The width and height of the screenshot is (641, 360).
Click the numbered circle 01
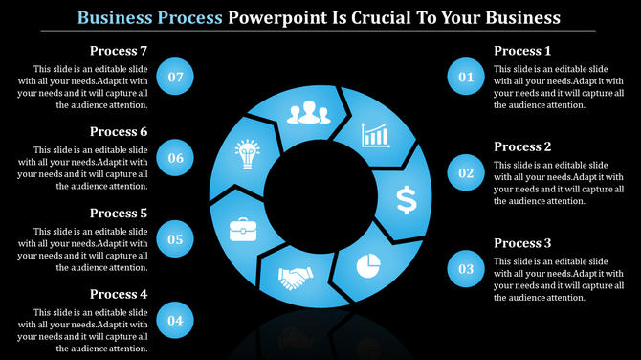467,77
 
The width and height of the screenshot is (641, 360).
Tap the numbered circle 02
467,173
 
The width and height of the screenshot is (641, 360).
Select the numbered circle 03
467,269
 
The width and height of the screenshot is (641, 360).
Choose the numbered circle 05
175,239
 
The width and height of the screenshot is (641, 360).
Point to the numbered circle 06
175,158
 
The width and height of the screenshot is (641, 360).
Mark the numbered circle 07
175,77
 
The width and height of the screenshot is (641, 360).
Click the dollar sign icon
407,200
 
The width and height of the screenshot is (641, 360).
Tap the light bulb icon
248,153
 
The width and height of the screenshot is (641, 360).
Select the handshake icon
295,278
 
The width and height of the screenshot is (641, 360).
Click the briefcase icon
242,230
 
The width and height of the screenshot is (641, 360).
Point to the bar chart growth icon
376,135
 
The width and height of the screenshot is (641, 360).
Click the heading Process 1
522,51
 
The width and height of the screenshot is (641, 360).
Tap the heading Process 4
119,294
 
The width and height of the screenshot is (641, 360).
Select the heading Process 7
119,51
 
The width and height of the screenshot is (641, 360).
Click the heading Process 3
522,243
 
